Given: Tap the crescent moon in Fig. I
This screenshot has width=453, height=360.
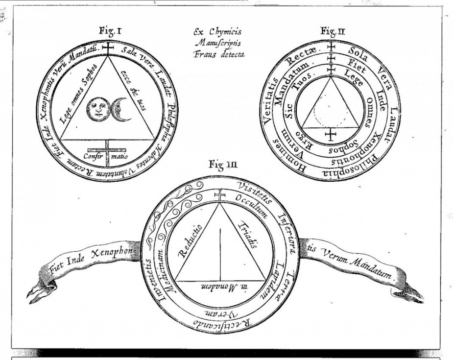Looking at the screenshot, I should coord(119,108).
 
